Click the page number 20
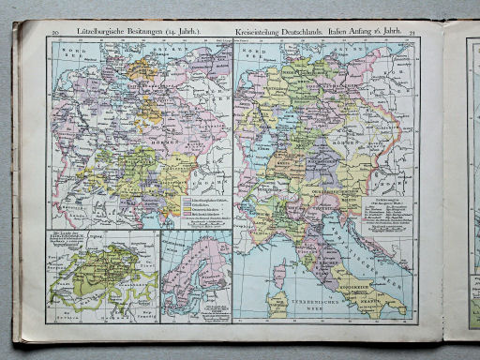pyautogui.click(x=56, y=33)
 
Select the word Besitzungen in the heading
pyautogui.click(x=144, y=33)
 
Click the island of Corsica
pyautogui.click(x=278, y=275)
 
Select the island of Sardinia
pyautogui.click(x=277, y=304)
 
